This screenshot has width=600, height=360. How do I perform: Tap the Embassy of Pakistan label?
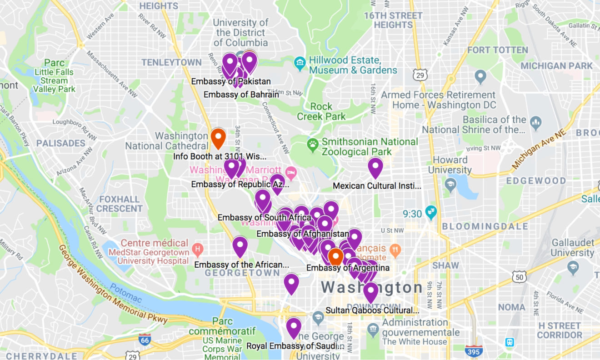pyautogui.click(x=231, y=82)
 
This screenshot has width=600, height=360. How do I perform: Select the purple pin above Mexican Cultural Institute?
pyautogui.click(x=375, y=167)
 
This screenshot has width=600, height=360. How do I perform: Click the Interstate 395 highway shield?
pyautogui.click(x=474, y=350)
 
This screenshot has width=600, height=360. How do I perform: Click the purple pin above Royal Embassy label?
pyautogui.click(x=294, y=327)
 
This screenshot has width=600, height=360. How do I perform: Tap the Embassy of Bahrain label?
pyautogui.click(x=241, y=95)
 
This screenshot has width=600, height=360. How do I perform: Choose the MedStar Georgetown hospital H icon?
pyautogui.click(x=197, y=249)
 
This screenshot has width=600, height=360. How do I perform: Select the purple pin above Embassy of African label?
pyautogui.click(x=240, y=246)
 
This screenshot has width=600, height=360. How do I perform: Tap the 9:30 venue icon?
pyautogui.click(x=430, y=211)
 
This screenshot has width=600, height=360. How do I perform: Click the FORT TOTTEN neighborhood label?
pyautogui.click(x=497, y=50)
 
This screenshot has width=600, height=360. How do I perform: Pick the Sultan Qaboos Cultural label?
pyautogui.click(x=372, y=310)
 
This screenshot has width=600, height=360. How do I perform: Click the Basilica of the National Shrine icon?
pyautogui.click(x=536, y=122)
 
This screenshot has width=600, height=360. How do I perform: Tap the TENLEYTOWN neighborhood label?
pyautogui.click(x=171, y=62)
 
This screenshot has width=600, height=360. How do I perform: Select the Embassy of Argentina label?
pyautogui.click(x=348, y=268)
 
